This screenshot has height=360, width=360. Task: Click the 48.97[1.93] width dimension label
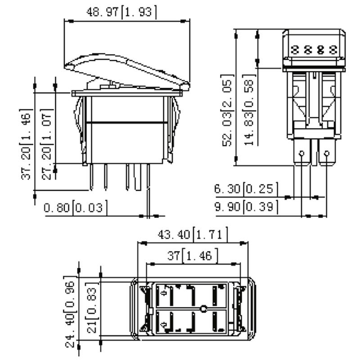coord(121,12)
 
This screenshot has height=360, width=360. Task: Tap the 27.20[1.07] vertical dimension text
coord(47,144)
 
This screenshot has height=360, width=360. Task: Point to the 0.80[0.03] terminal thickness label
coord(76,208)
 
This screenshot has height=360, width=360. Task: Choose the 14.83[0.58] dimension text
coord(249,110)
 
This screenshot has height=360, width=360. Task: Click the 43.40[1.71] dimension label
coord(193,234)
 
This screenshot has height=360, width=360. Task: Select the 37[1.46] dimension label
coord(193,255)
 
